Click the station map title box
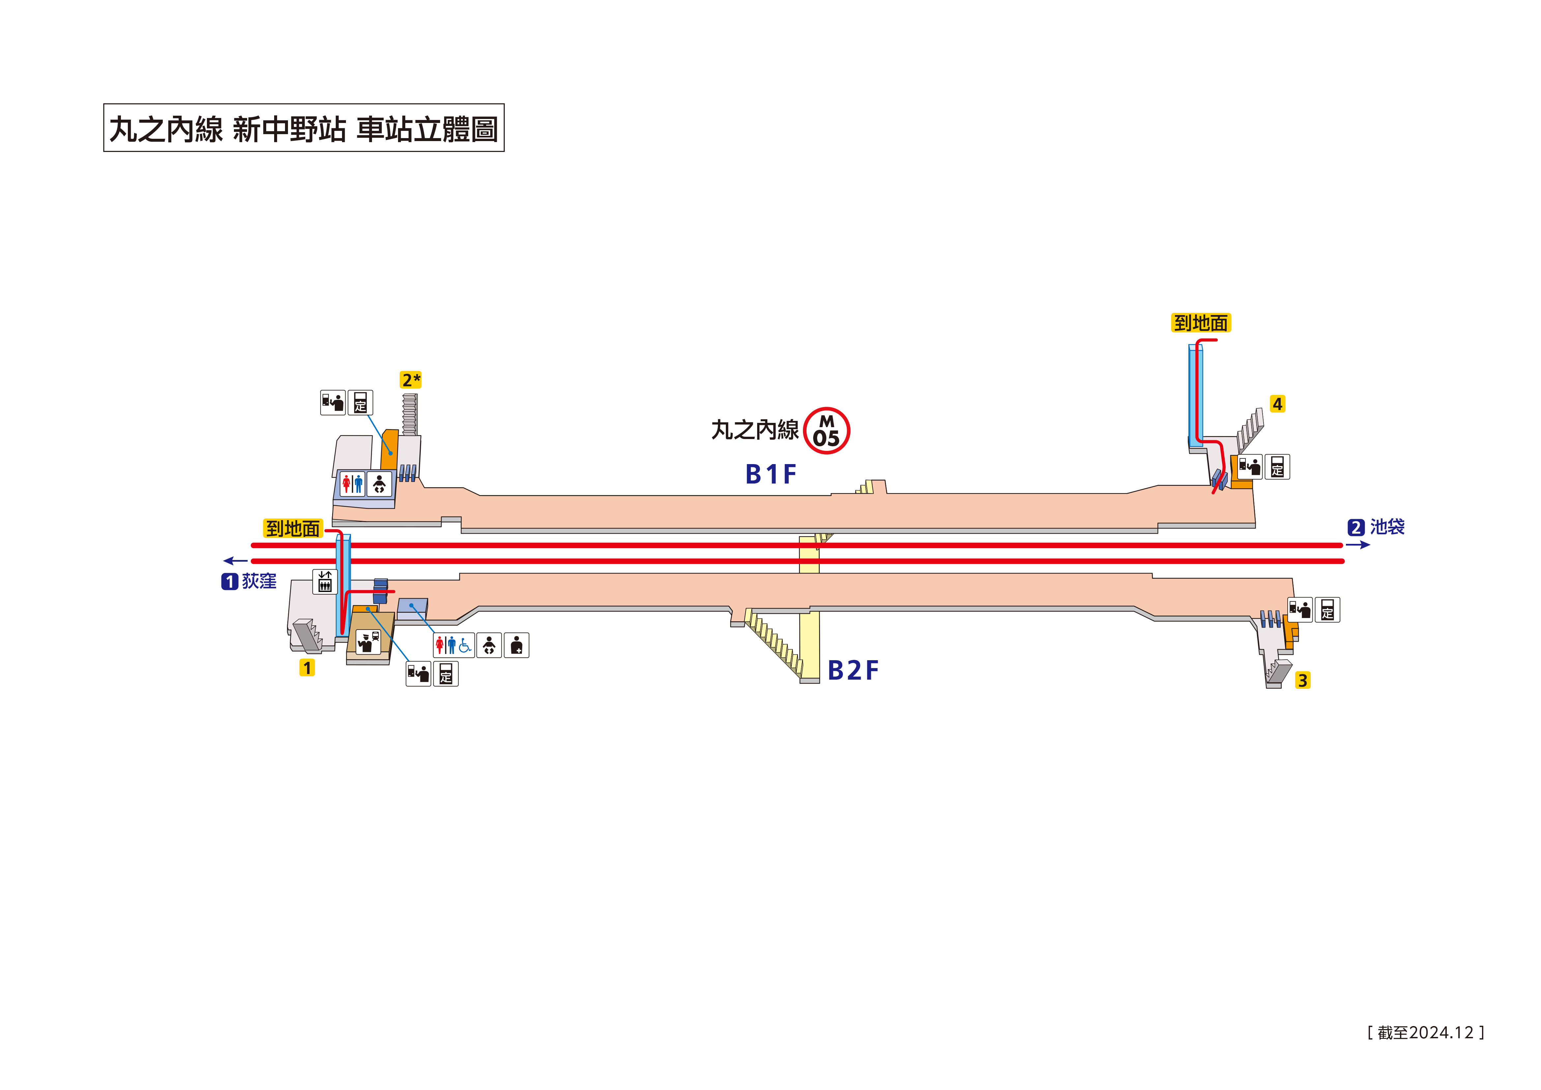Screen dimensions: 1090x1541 point(303,128)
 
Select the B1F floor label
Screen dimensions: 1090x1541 point(770,474)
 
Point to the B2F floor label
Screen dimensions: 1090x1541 point(852,670)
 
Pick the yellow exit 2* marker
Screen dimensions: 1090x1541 point(411,380)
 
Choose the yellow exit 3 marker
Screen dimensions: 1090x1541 point(1302,680)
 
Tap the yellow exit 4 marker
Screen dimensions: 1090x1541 point(1277,404)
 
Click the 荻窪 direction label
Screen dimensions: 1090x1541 point(258,581)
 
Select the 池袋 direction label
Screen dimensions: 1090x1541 point(1386,527)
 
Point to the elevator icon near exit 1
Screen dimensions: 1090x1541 point(325,582)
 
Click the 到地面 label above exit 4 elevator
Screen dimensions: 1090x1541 point(1201,323)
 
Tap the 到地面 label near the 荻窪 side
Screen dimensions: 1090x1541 point(293,529)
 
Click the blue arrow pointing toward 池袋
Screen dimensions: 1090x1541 point(1357,545)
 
